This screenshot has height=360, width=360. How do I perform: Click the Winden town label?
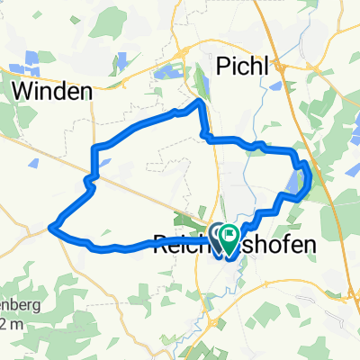(x=54, y=90)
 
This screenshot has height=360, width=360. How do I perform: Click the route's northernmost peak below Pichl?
(x=200, y=103)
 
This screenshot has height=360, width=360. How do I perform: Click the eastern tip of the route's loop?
(x=310, y=177)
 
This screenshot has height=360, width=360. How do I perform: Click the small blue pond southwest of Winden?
(x=34, y=163)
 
